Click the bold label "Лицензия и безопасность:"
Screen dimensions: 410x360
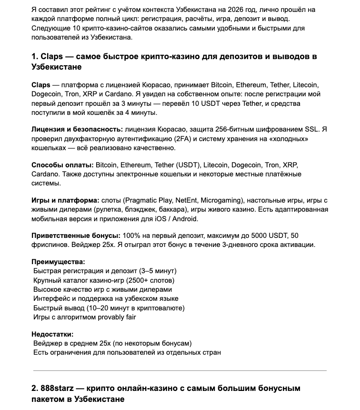pyautogui.click(x=76, y=130)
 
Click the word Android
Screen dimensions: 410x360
pyautogui.click(x=184, y=219)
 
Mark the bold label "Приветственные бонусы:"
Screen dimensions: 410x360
pyautogui.click(x=76, y=236)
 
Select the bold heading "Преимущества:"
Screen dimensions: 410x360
pyautogui.click(x=59, y=262)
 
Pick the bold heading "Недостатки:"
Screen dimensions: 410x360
pyautogui.click(x=52, y=334)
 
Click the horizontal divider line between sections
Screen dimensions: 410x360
pyautogui.click(x=180, y=370)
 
